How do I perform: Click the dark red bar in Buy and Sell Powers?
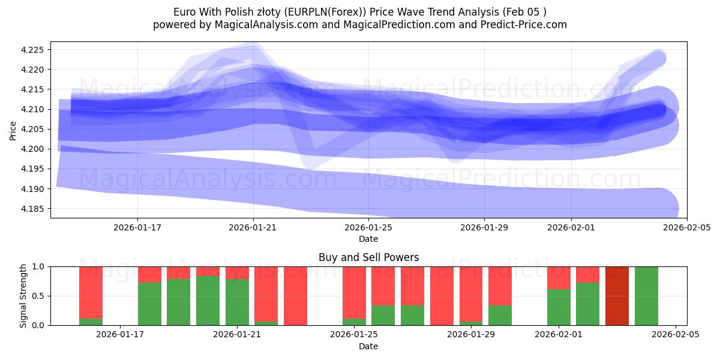pos(617,296)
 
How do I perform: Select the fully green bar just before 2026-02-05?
pos(646,296)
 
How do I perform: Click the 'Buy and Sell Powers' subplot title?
pos(368,257)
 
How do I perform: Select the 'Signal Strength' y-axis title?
pos(23,296)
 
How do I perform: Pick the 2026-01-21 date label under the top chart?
pos(253,227)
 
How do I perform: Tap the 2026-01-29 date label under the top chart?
pos(484,227)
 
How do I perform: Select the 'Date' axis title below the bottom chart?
pos(368,346)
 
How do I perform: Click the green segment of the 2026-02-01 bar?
pos(559,307)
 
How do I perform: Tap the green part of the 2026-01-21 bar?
pos(237,302)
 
